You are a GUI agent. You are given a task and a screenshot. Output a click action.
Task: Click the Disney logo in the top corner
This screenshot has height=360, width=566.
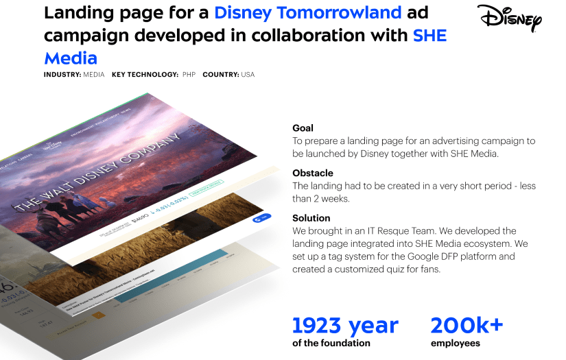[509, 19]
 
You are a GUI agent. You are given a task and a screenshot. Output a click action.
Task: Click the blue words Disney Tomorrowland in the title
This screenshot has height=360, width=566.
[307, 13]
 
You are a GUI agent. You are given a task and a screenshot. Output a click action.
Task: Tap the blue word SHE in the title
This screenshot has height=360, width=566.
[429, 36]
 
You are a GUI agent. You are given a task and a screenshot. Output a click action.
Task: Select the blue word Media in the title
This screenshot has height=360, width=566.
[71, 58]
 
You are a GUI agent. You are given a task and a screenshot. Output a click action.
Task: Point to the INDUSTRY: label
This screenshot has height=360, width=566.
[62, 75]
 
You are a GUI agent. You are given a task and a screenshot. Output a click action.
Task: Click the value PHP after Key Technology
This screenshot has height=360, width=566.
[189, 75]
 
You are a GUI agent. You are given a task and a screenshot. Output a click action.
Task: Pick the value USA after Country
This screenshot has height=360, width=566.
[248, 75]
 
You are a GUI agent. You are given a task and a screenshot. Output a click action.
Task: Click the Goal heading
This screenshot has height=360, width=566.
[303, 128]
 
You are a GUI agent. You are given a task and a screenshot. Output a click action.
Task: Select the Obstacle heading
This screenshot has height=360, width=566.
[313, 173]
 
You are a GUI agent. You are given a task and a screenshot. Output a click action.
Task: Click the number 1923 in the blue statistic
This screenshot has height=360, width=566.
[318, 325]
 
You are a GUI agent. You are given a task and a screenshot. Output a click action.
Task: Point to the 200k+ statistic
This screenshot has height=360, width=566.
[467, 325]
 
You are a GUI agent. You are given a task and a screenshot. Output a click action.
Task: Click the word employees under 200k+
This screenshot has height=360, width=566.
[455, 343]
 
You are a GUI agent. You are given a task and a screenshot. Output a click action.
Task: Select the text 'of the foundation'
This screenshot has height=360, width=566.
[331, 343]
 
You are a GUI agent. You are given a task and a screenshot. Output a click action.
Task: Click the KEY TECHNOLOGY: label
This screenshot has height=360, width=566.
[145, 75]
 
